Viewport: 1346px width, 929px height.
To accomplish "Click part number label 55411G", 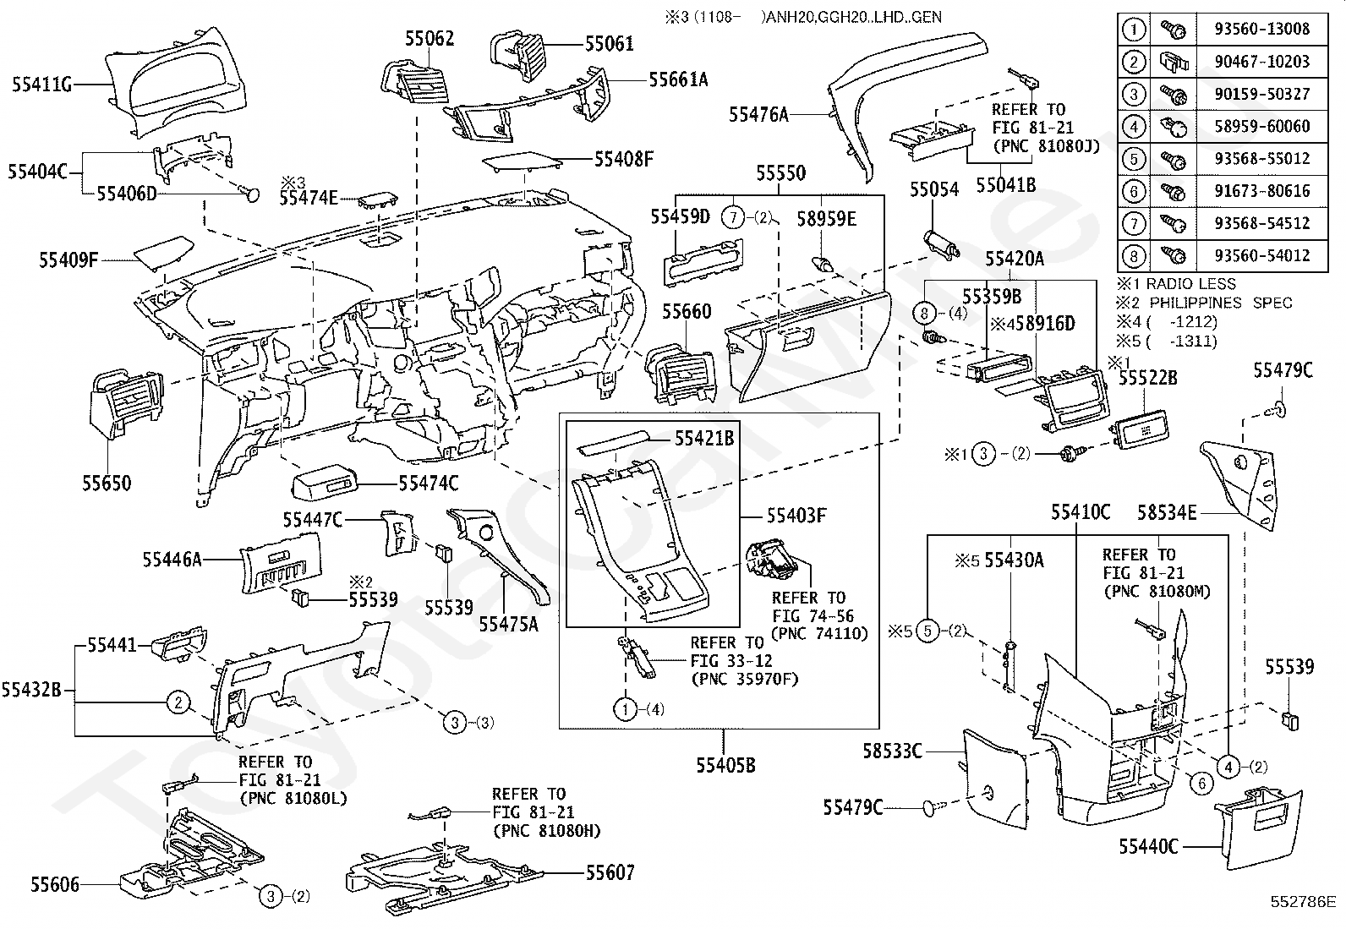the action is pyautogui.click(x=42, y=85).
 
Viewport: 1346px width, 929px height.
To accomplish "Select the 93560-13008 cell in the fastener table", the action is pyautogui.click(x=1261, y=29).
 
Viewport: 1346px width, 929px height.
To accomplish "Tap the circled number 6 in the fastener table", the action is pyautogui.click(x=1133, y=191).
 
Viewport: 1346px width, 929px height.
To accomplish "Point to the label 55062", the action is pyautogui.click(x=429, y=38).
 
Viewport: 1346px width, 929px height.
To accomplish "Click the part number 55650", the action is pyautogui.click(x=107, y=484).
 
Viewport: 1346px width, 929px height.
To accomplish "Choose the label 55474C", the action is pyautogui.click(x=429, y=484).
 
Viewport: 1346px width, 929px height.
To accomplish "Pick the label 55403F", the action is pyautogui.click(x=796, y=516).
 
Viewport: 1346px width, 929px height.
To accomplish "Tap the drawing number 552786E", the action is pyautogui.click(x=1304, y=902).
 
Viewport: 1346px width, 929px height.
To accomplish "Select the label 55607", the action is pyautogui.click(x=610, y=872).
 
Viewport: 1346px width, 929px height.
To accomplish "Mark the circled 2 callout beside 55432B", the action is pyautogui.click(x=178, y=702).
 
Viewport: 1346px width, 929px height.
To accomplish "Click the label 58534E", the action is pyautogui.click(x=1166, y=512).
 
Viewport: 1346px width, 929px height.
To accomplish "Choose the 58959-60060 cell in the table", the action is pyautogui.click(x=1261, y=126).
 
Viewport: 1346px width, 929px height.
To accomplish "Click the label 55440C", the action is pyautogui.click(x=1148, y=847).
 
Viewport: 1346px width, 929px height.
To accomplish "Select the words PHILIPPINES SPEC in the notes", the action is pyautogui.click(x=1220, y=303).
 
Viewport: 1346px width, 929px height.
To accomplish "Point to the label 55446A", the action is pyautogui.click(x=172, y=560).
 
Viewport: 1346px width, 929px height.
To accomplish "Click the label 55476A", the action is pyautogui.click(x=758, y=114).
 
